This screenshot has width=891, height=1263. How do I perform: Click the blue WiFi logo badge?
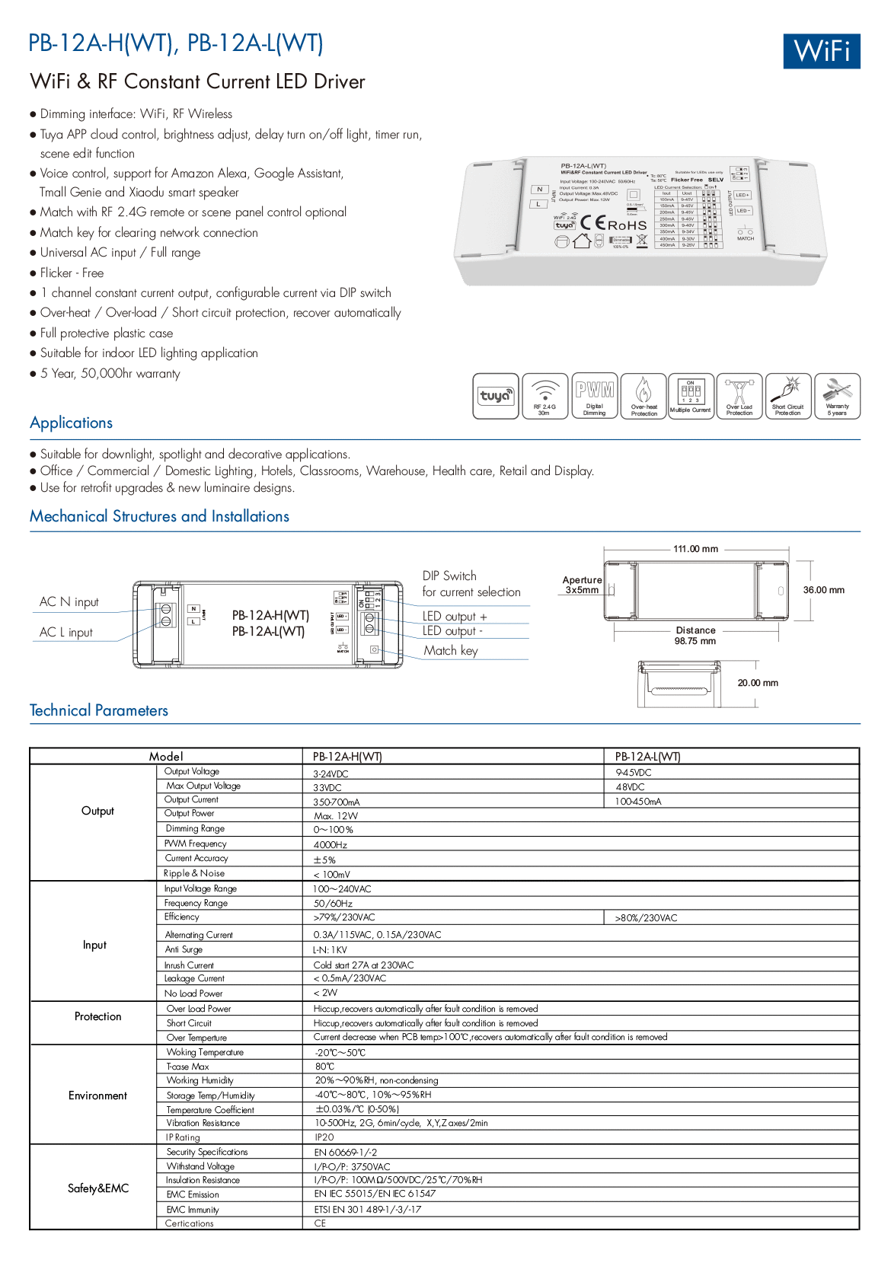(821, 51)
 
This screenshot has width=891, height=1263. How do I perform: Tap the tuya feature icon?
(496, 396)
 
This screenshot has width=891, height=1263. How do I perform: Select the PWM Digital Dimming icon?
(594, 396)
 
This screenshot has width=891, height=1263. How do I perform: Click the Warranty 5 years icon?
(837, 396)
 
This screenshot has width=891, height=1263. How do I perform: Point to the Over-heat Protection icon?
(643, 396)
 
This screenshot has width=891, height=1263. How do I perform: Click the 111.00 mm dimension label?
(695, 549)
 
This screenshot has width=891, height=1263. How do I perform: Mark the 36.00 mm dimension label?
(823, 590)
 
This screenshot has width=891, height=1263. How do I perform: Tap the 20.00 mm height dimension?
(758, 683)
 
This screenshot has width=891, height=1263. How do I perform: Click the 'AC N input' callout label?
(69, 602)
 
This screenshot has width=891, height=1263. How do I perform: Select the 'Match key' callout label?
(451, 651)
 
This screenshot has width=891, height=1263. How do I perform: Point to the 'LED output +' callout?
(455, 617)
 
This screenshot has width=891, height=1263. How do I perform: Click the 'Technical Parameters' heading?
(99, 711)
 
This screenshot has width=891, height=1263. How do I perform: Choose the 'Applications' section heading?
(72, 423)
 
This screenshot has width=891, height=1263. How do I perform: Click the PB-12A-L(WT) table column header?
(647, 757)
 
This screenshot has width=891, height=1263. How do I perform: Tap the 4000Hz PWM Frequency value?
(331, 845)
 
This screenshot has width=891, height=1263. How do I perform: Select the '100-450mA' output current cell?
(638, 802)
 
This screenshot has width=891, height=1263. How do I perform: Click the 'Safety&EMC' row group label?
(98, 1188)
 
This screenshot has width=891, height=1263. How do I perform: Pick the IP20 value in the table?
(324, 1137)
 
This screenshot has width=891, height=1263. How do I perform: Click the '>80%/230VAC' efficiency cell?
(646, 918)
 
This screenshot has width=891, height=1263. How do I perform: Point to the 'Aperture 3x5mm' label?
(582, 585)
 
